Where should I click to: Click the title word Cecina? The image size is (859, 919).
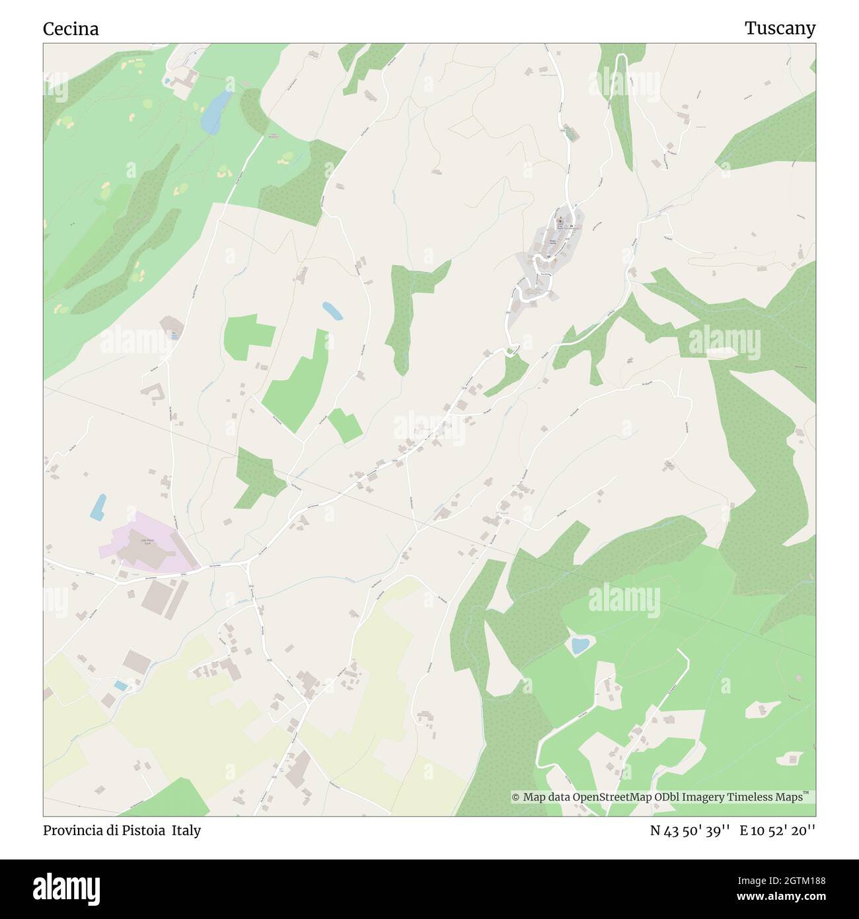point(71,28)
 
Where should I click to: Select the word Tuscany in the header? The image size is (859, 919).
point(780,28)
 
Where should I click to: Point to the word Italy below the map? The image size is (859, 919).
point(186,830)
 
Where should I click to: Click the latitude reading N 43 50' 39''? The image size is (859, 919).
point(690,830)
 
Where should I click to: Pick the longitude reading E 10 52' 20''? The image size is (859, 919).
point(778,830)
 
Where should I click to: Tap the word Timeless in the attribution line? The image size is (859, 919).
point(751,797)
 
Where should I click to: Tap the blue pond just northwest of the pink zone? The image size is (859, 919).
point(98,506)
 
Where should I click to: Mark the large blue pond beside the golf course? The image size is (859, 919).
point(216,110)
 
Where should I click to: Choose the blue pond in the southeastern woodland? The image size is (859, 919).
point(579,645)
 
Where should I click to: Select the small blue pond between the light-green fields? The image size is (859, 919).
point(332,310)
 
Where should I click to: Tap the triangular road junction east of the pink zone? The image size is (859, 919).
point(248,563)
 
